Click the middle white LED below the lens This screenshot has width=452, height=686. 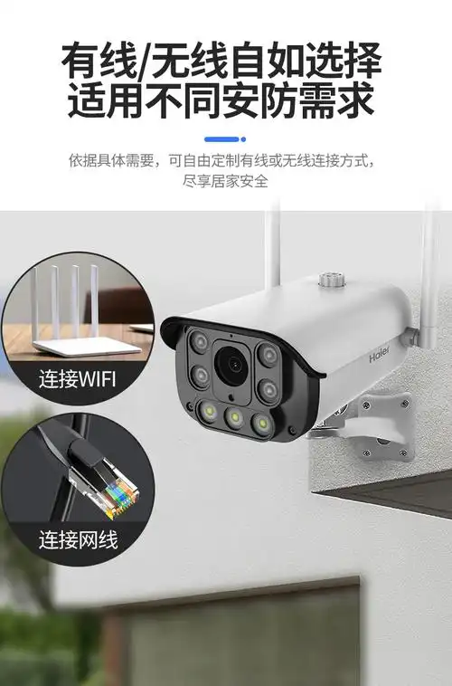click(x=235, y=417)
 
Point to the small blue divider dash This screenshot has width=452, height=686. click(x=225, y=138)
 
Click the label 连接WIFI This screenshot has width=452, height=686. click(x=78, y=377)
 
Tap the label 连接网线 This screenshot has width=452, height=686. click(x=78, y=540)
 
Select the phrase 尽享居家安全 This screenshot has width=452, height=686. click(x=225, y=181)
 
